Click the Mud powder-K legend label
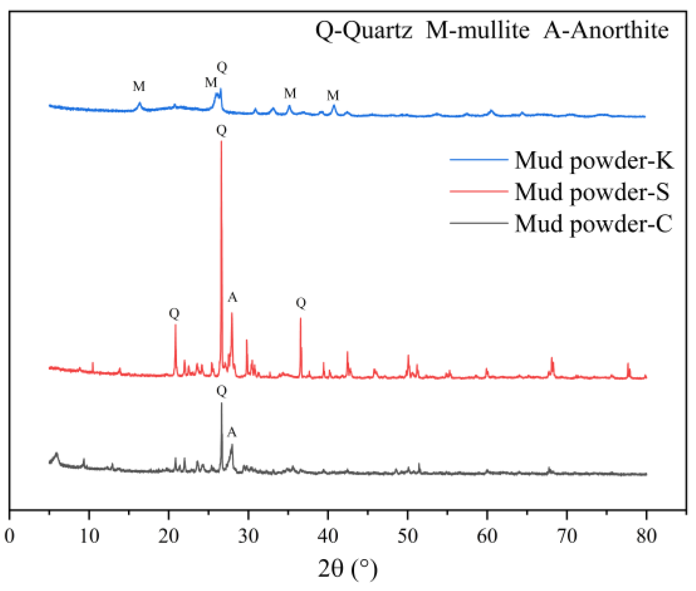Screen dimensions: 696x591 pos(594,160)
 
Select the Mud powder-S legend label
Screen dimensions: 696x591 pos(592,192)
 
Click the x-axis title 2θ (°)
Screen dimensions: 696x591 pos(347,568)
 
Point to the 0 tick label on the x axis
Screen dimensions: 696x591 pos(10,536)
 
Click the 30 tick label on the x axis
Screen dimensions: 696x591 pos(248,536)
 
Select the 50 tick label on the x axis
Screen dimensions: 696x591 pos(408,536)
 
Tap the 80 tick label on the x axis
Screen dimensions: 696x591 pos(646,536)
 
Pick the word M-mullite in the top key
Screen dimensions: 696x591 pos(477,31)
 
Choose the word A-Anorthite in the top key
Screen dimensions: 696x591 pos(606,31)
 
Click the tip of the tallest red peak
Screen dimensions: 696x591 pos(221,142)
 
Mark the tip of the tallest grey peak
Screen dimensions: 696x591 pos(222,403)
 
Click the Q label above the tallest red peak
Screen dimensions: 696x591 pos(222,130)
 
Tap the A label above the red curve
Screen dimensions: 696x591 pos(232,298)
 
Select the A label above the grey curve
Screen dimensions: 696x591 pos(232,433)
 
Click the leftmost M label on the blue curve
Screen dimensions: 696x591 pos(139,87)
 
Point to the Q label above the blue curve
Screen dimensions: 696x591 pos(222,67)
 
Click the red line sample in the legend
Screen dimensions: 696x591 pos(479,191)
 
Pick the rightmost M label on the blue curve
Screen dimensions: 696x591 pos(333,96)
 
